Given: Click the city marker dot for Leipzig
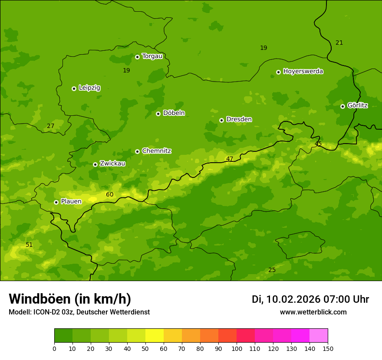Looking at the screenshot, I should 74,88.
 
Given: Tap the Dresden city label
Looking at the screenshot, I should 239,119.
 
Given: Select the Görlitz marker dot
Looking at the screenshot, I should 342,106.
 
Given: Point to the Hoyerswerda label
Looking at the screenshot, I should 303,71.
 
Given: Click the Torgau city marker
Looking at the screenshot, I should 137,57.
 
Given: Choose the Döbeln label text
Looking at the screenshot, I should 174,113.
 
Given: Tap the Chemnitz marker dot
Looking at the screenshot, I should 137,151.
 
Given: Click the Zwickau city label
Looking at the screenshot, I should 112,164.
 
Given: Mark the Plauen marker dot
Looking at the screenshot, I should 56,202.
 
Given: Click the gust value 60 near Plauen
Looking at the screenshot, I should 110,194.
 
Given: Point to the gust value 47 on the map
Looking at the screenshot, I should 230,159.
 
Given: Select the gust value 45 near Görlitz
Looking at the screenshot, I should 318,144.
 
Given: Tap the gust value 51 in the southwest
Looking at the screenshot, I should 29,245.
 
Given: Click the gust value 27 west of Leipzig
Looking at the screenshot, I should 51,126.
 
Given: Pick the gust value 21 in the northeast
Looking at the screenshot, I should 339,43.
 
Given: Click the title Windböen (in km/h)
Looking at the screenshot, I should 70,299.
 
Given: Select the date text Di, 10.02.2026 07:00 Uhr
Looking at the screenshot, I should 310,299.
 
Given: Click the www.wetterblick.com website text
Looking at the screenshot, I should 313,312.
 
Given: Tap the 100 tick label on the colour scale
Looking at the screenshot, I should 237,348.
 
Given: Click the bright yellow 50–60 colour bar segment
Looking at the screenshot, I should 155,336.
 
